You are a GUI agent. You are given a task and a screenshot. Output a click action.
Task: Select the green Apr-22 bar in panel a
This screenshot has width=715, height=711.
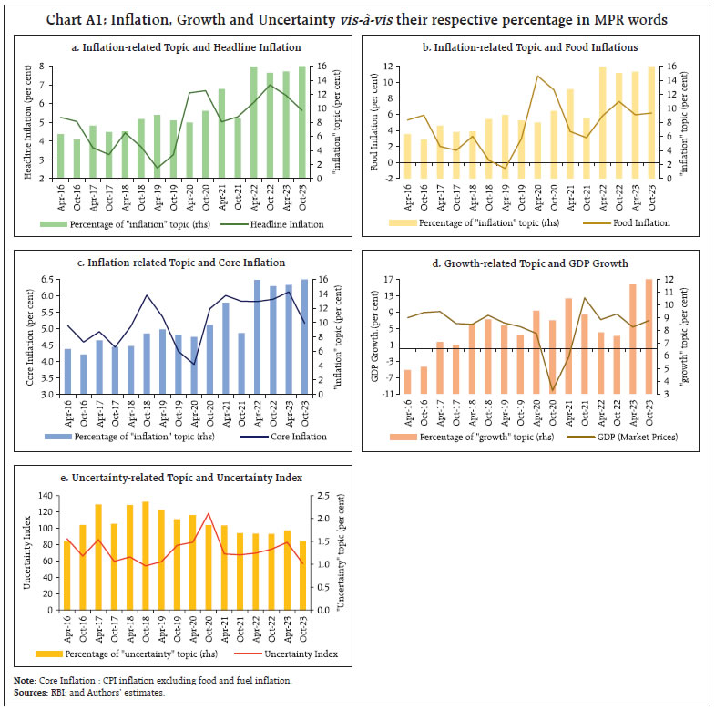click(x=254, y=122)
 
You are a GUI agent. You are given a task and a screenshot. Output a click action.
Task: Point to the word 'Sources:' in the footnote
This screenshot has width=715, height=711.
click(x=32, y=692)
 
